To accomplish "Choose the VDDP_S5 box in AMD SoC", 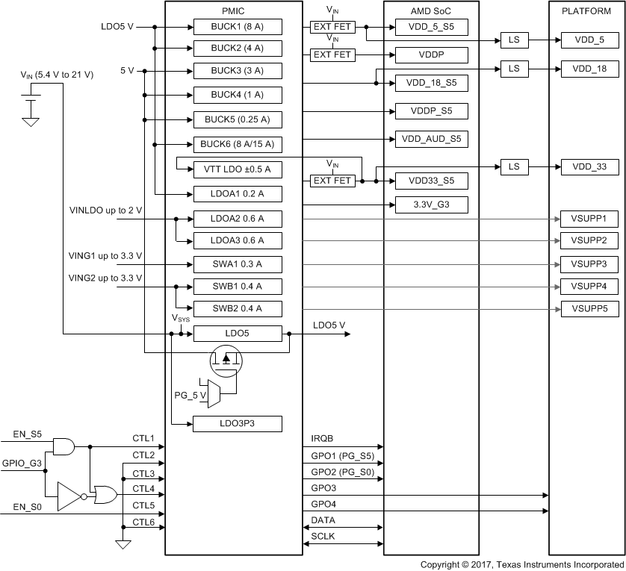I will (432, 111).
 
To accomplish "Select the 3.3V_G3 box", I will (432, 204).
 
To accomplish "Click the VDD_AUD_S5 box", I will (432, 139).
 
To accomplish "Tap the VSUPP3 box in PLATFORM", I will (589, 264).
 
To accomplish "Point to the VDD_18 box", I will (589, 69).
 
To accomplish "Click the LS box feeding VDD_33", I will (514, 166).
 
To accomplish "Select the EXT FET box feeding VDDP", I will (332, 54).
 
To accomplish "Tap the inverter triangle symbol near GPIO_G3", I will (70, 496).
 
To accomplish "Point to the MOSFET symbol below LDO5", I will (226, 361).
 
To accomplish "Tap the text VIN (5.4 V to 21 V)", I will (57, 75).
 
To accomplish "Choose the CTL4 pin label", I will (143, 488).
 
